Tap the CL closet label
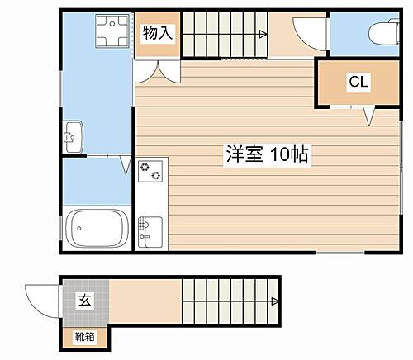pyautogui.click(x=358, y=82)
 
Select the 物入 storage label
pyautogui.click(x=157, y=34)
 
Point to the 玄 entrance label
pyautogui.click(x=84, y=301)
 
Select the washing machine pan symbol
pyautogui.click(x=110, y=33)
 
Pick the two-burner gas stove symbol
pyautogui.click(x=150, y=173)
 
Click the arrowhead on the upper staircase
pyautogui.click(x=262, y=34)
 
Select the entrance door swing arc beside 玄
pyautogui.click(x=41, y=295)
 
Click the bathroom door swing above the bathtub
pyautogui.click(x=124, y=164)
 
